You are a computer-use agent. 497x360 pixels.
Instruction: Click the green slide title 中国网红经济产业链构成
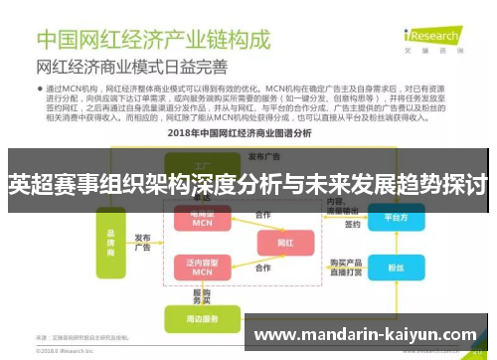point(155,41)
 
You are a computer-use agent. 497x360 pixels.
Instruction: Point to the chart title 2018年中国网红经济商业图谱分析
point(248,133)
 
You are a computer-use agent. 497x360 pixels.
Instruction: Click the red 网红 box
point(285,242)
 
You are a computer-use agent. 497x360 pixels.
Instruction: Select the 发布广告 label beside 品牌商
point(144,242)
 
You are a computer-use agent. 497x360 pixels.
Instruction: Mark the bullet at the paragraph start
point(42,89)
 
